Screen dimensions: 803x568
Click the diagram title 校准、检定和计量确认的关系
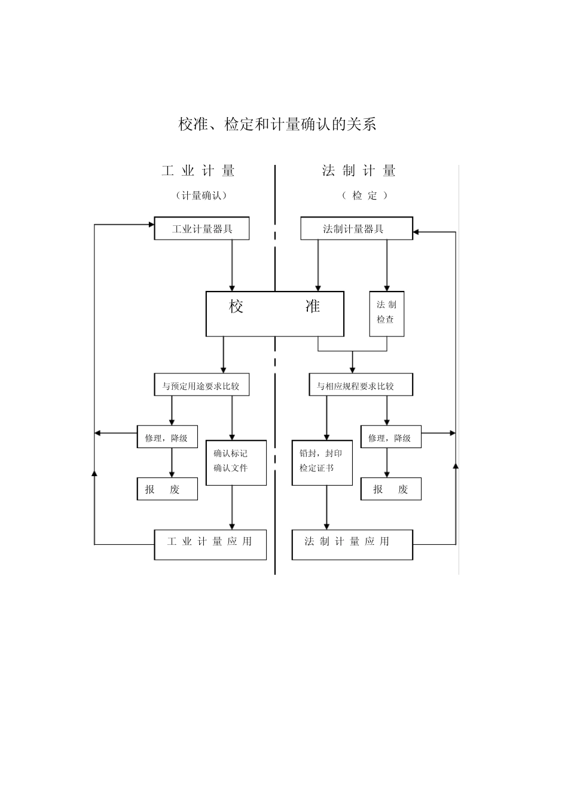tap(277, 124)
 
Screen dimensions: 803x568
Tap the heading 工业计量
tap(198, 171)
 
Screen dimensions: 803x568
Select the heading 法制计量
tap(359, 171)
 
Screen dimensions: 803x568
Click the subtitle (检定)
tap(365, 195)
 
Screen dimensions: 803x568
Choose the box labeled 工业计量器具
tap(201, 229)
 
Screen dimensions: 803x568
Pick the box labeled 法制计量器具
tap(356, 229)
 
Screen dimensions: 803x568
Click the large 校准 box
tap(275, 314)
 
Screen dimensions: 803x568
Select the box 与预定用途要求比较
tap(201, 385)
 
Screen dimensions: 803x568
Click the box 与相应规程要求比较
tap(355, 385)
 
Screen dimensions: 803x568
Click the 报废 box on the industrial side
tap(167, 489)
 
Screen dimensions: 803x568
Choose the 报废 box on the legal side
tap(391, 489)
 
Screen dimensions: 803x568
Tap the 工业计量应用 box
tap(210, 544)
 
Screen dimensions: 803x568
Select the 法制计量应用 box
tap(352, 544)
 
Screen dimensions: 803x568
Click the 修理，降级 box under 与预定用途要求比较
tap(167, 438)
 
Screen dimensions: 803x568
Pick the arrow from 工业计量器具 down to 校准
tap(232, 265)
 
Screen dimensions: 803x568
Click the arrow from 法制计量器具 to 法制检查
tap(387, 265)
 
